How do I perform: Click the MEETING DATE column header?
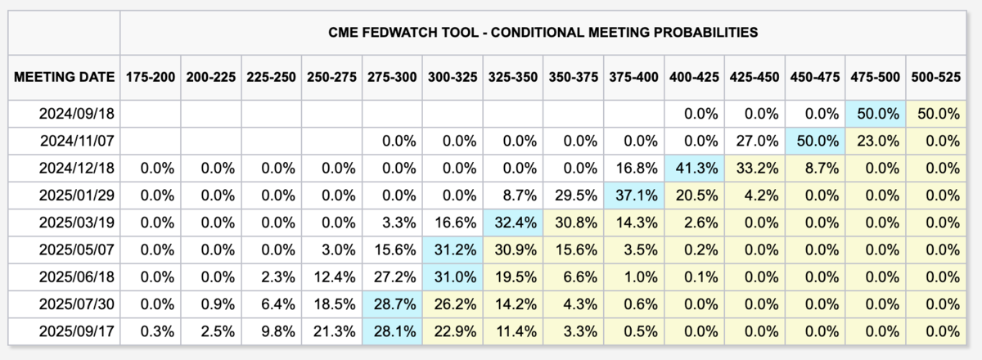click(64, 77)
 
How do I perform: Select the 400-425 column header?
click(694, 77)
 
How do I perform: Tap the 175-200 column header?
click(151, 77)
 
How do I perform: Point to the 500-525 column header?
click(936, 77)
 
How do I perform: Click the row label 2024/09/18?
click(77, 114)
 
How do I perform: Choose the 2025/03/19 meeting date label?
click(77, 223)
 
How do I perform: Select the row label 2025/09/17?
click(77, 331)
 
